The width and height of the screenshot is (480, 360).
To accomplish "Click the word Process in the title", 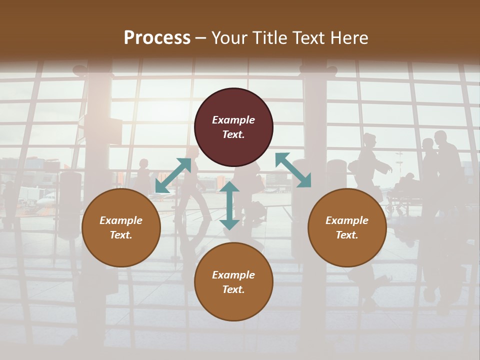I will [157, 38].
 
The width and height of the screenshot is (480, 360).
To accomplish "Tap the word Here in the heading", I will [348, 38].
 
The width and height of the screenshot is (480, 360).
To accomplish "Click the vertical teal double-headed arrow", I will [229, 205].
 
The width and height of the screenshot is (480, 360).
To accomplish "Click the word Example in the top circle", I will [233, 120].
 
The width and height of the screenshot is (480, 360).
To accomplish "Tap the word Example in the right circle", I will [347, 220].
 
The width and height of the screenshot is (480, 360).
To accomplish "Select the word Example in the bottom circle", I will [233, 275].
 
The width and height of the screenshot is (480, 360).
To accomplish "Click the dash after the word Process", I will [201, 38].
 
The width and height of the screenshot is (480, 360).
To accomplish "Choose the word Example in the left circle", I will [121, 220].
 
